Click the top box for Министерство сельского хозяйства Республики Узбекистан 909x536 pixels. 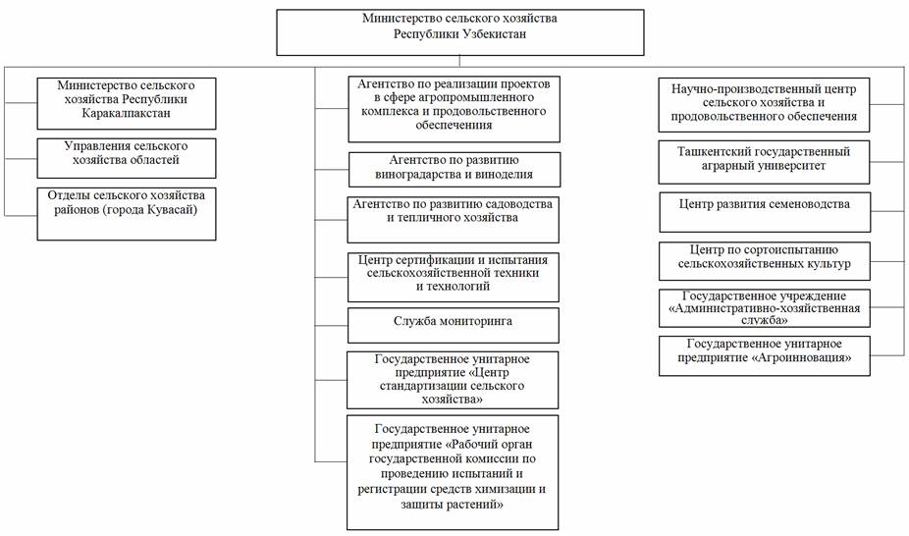(x=459, y=32)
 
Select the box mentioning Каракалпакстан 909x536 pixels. (x=127, y=104)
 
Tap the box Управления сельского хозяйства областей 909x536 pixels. (x=127, y=158)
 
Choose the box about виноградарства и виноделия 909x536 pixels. (x=454, y=169)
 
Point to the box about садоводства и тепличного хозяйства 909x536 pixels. (x=454, y=220)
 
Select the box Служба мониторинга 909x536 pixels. (x=454, y=326)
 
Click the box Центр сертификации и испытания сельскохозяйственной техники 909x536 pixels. (x=454, y=277)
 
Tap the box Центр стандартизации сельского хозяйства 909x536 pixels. (x=453, y=380)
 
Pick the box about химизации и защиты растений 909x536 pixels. (x=453, y=472)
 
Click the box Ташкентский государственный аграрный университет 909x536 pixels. (x=764, y=162)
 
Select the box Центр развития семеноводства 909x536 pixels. (x=766, y=212)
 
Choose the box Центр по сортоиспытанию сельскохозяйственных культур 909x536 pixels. (x=765, y=261)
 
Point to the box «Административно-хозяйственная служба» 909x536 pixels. (x=765, y=308)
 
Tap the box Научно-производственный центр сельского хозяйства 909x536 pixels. (x=764, y=105)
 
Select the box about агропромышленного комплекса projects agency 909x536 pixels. (x=454, y=109)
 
